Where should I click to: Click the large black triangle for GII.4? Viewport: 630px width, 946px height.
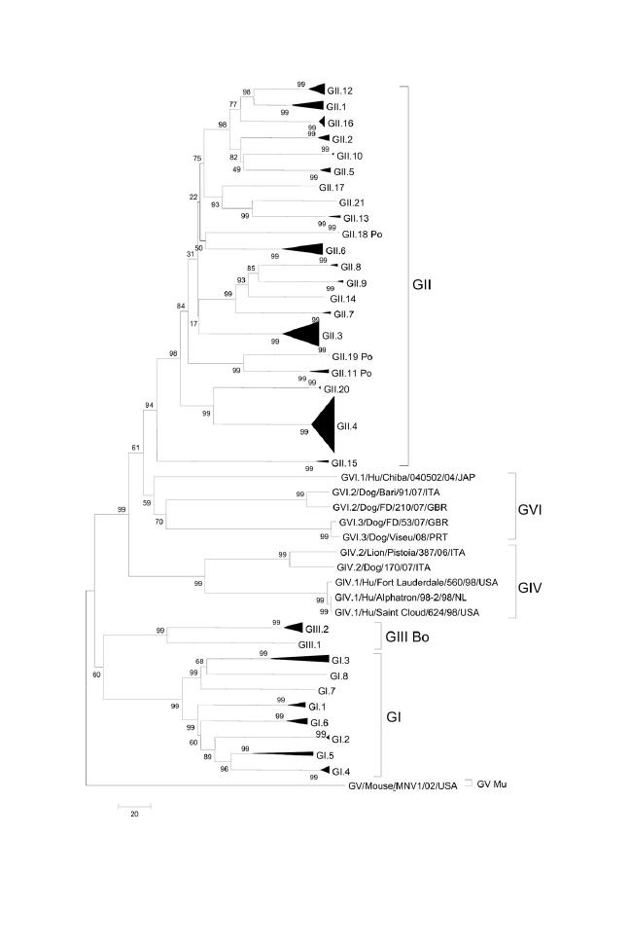tap(324, 425)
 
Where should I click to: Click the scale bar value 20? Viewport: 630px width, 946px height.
tap(134, 815)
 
